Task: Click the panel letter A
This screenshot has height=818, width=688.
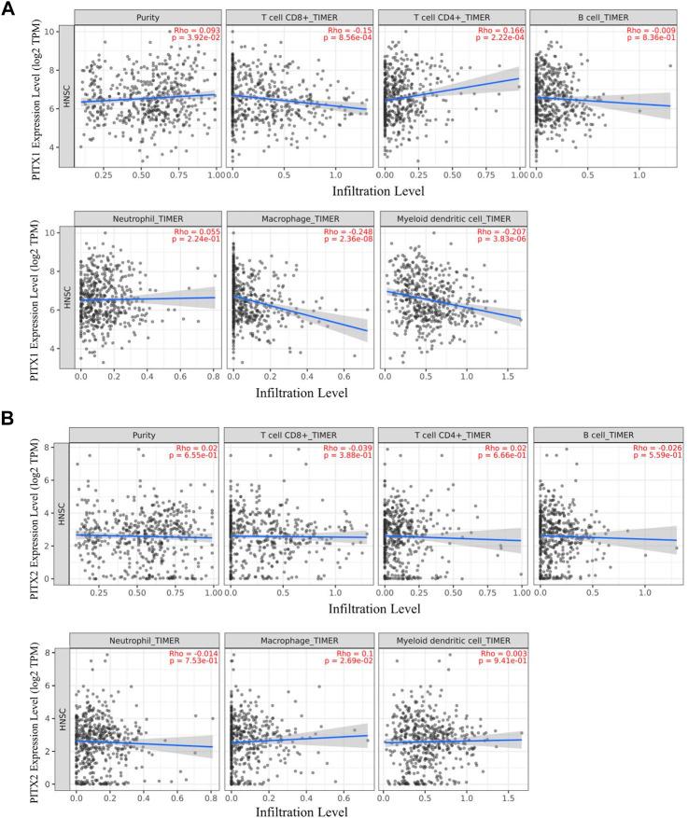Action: tap(9, 8)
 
